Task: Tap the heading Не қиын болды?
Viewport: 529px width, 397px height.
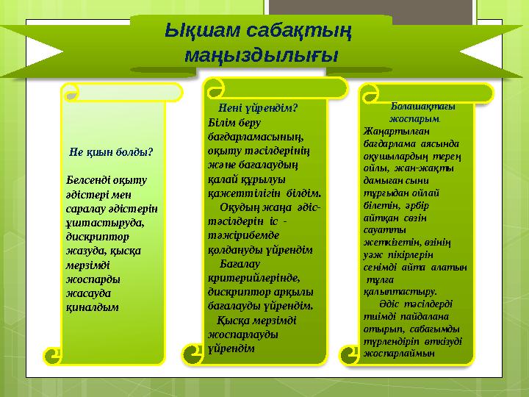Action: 110,153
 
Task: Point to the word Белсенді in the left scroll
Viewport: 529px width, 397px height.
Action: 90,180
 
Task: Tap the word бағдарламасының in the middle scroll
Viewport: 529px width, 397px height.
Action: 246,136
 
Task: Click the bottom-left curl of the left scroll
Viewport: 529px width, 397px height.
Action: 53,356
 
